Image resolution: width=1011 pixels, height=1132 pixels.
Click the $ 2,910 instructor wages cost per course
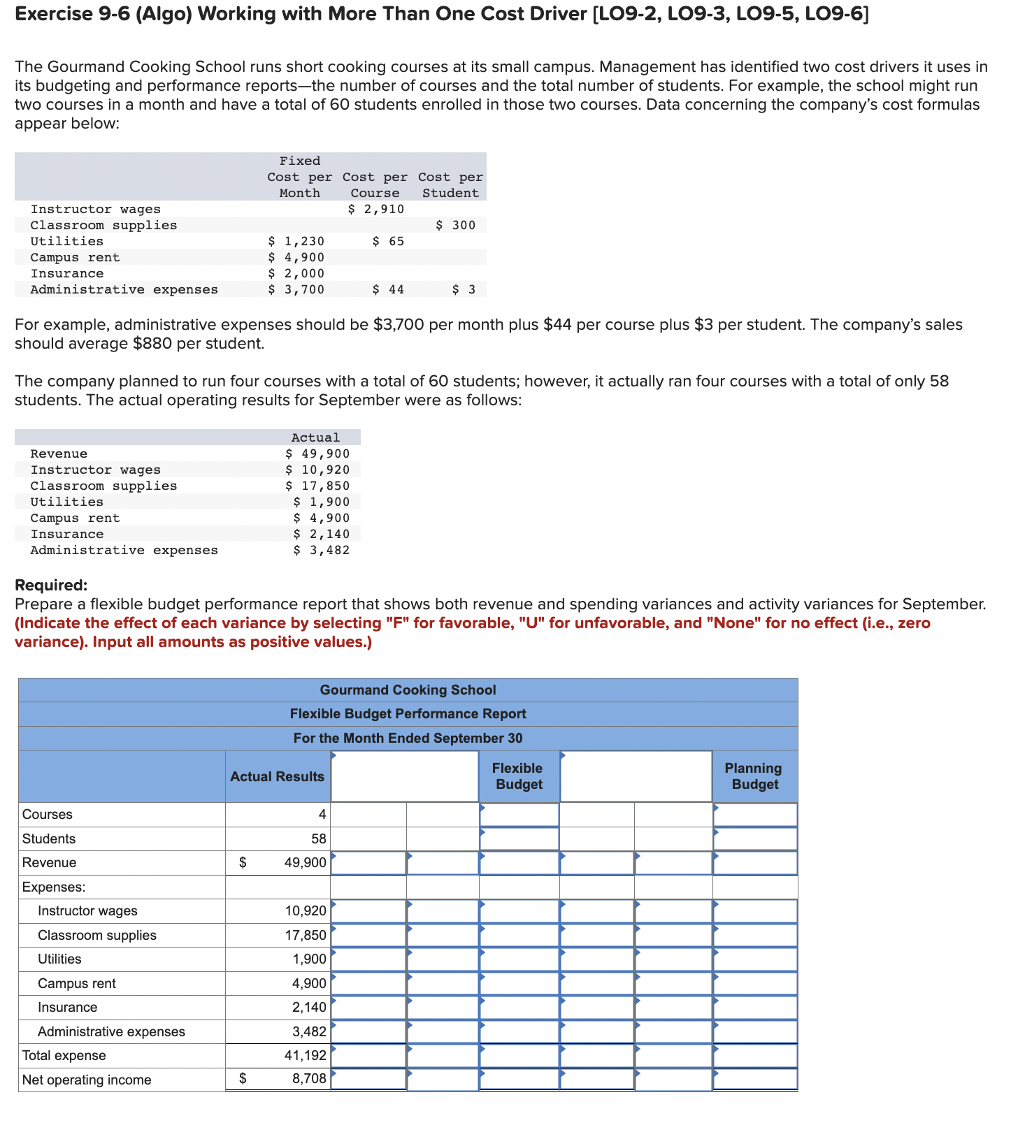pyautogui.click(x=376, y=209)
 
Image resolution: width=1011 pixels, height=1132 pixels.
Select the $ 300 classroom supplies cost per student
pyautogui.click(x=455, y=225)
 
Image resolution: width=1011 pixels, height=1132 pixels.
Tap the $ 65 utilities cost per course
pyautogui.click(x=388, y=241)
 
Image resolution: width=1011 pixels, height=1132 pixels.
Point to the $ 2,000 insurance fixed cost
pyautogui.click(x=296, y=273)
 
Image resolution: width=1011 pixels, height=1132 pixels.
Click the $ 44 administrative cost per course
pyautogui.click(x=388, y=289)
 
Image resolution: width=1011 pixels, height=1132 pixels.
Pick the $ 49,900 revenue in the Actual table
pyautogui.click(x=317, y=453)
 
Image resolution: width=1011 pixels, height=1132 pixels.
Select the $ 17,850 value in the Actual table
pyautogui.click(x=317, y=486)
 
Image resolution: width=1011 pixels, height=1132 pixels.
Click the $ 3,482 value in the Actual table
pyautogui.click(x=321, y=550)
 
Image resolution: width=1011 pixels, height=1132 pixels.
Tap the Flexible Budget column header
pyautogui.click(x=518, y=776)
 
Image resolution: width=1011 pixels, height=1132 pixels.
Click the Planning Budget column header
pyautogui.click(x=754, y=776)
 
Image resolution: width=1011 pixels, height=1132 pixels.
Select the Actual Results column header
pyautogui.click(x=278, y=776)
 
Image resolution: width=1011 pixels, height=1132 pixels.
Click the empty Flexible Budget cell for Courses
pyautogui.click(x=519, y=815)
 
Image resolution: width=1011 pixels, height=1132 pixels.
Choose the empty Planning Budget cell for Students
pyautogui.click(x=754, y=839)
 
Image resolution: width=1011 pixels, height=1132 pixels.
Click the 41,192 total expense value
pyautogui.click(x=306, y=1055)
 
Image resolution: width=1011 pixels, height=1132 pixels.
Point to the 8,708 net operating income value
pyautogui.click(x=309, y=1079)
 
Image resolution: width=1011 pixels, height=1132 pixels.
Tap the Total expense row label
pyautogui.click(x=64, y=1055)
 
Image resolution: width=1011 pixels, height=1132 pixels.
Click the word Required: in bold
pyautogui.click(x=51, y=585)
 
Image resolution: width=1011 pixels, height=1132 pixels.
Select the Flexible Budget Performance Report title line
pyautogui.click(x=408, y=713)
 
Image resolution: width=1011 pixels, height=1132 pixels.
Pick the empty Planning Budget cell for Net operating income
pyautogui.click(x=754, y=1079)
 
